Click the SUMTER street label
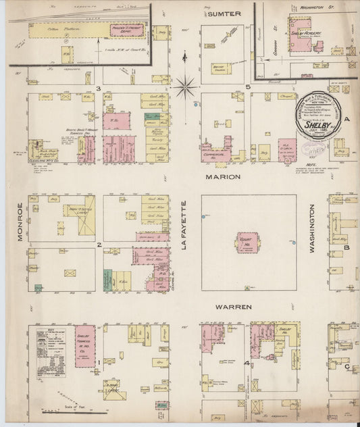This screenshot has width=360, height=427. point(224,14)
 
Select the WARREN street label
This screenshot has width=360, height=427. point(233,307)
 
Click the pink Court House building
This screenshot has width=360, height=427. point(247,243)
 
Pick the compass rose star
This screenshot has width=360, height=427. point(186,86)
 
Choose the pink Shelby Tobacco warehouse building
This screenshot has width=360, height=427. point(84,346)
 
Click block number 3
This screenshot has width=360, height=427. point(98,89)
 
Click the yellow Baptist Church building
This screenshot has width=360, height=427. point(221,68)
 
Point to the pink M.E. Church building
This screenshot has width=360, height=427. point(286,149)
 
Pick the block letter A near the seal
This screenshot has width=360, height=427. point(347,120)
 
